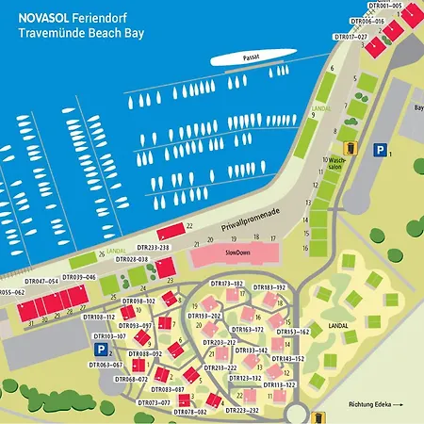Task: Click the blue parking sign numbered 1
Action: click(379, 149)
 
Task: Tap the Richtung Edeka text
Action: click(375, 404)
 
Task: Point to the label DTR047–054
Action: click(41, 281)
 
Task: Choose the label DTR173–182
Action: click(226, 284)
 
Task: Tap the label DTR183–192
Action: click(269, 286)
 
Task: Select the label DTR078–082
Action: click(188, 413)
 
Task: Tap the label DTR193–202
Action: click(204, 316)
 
